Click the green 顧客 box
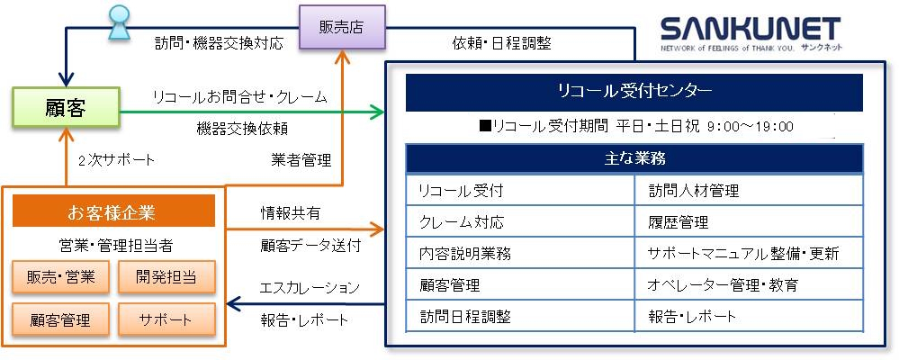click(65, 107)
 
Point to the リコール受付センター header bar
click(634, 92)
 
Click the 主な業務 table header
click(634, 158)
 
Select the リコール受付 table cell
click(520, 190)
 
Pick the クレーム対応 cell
click(520, 221)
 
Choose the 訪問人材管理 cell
click(749, 190)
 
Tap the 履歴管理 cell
click(749, 221)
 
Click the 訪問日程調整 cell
click(520, 316)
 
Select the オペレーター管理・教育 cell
click(749, 285)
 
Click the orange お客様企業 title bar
click(113, 211)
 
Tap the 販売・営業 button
click(61, 277)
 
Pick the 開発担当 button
click(166, 277)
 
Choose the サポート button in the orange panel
click(166, 319)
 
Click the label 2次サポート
click(117, 160)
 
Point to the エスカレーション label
click(310, 288)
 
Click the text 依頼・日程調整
click(501, 42)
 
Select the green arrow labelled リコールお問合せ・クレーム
click(252, 112)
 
